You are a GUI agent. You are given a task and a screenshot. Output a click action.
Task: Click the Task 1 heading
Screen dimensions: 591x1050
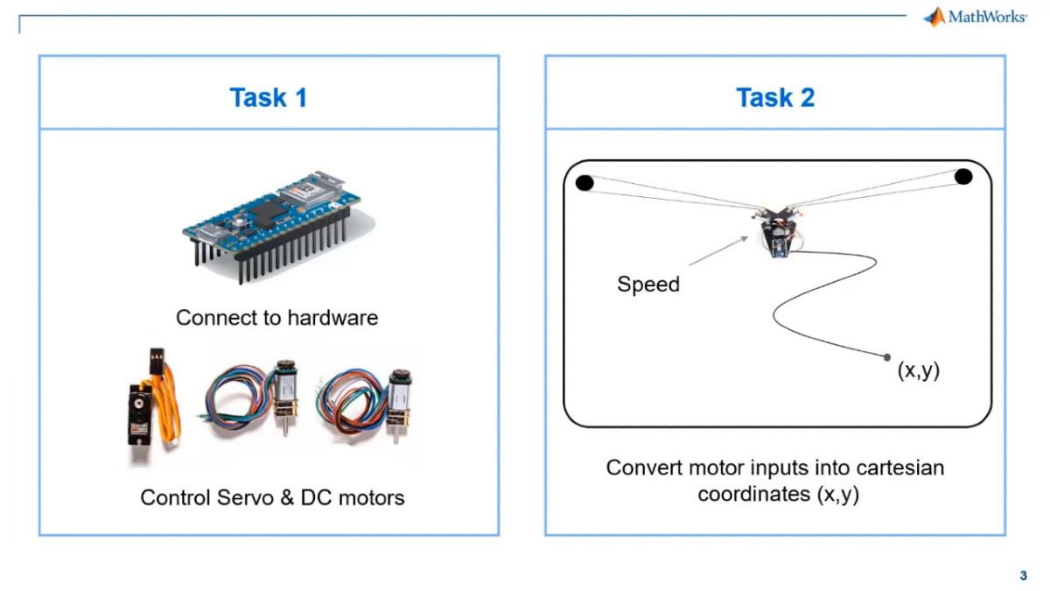(268, 97)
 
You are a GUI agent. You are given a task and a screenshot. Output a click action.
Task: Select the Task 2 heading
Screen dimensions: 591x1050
(774, 97)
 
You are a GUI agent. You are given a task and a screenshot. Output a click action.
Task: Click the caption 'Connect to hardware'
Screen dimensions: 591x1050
(276, 317)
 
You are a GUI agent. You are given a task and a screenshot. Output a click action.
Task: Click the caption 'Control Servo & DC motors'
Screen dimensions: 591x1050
(272, 497)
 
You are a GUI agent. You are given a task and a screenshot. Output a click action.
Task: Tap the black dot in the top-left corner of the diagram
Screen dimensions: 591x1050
(584, 182)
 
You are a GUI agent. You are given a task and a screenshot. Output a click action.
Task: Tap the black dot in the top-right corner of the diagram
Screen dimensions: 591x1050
(962, 176)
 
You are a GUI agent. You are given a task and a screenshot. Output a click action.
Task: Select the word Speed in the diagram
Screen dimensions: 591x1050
(647, 285)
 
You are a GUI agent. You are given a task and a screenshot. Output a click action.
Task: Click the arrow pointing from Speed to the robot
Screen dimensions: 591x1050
(718, 250)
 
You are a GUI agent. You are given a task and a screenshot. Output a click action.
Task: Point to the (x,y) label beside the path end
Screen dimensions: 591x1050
(918, 369)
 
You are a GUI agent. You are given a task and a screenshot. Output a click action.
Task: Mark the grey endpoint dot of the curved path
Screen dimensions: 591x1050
(887, 357)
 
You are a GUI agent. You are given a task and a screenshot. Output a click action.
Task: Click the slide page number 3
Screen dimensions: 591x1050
(1023, 575)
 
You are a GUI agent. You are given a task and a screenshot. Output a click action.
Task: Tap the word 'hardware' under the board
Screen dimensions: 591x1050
(336, 317)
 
